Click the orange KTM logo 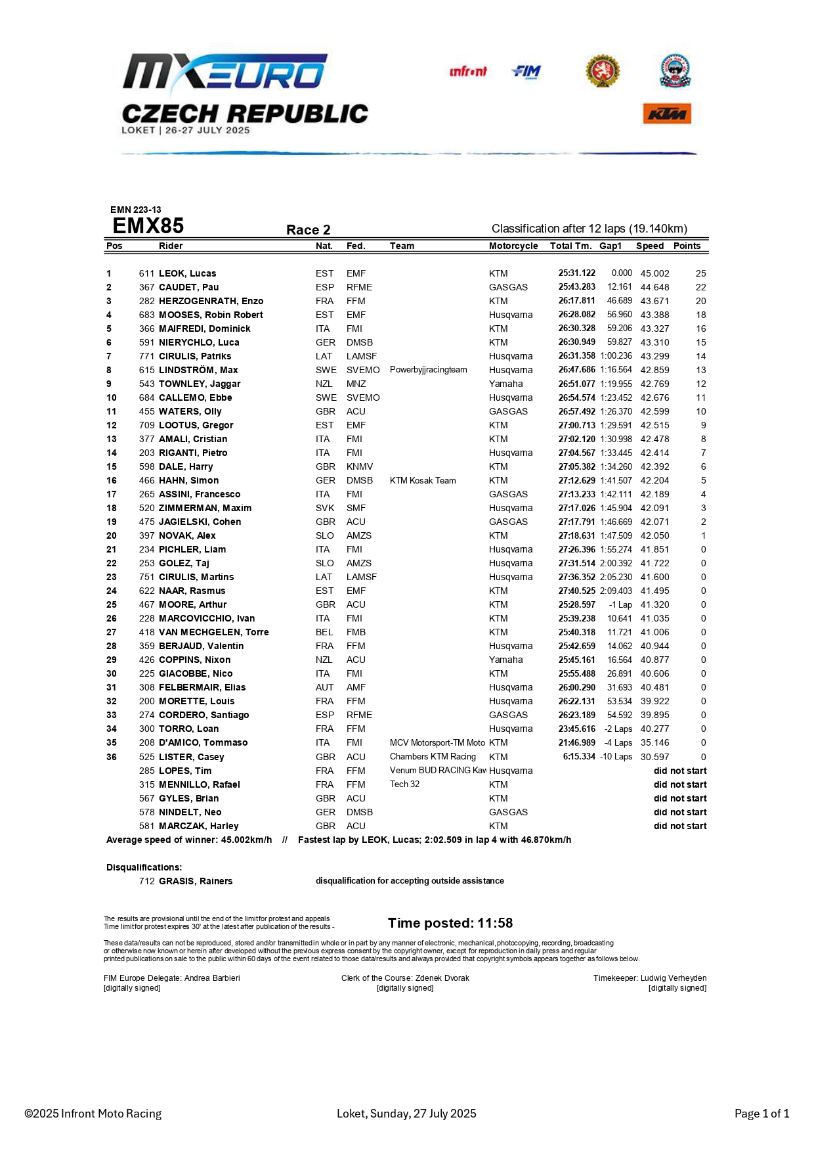click(666, 114)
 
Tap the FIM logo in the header click(526, 72)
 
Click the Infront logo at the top click(468, 72)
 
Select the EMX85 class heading click(148, 226)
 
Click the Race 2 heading click(308, 230)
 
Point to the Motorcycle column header click(513, 246)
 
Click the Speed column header click(649, 246)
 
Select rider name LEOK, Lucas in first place click(187, 273)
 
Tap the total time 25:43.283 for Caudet click(576, 287)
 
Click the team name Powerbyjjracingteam click(428, 370)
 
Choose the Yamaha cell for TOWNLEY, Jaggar click(505, 384)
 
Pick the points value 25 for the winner click(700, 273)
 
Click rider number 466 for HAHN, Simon click(146, 480)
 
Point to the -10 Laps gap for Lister click(616, 757)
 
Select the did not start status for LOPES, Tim click(679, 771)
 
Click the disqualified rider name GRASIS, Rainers click(195, 881)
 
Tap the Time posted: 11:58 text click(450, 923)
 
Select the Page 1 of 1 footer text click(761, 1114)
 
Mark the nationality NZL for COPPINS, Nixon click(324, 660)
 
